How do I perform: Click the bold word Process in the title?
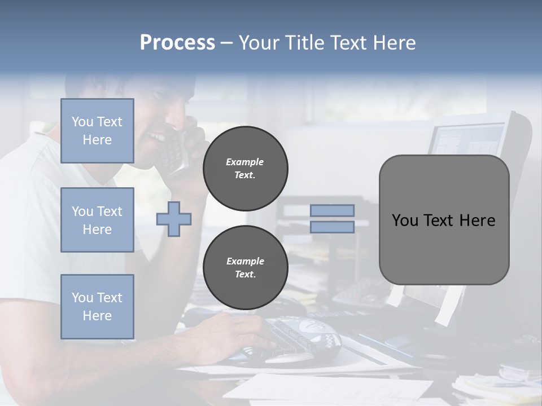tap(177, 43)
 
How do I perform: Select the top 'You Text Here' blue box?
tap(97, 131)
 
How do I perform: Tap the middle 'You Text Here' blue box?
tap(97, 220)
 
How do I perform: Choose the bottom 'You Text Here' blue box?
tap(97, 307)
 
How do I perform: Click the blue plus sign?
tap(174, 219)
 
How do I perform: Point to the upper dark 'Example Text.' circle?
tap(245, 169)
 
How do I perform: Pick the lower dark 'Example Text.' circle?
tap(245, 268)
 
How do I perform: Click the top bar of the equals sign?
tap(332, 210)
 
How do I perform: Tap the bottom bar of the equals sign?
tap(332, 227)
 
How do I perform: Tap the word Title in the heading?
tap(305, 43)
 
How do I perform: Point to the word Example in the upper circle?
tap(245, 162)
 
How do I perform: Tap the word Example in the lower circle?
tap(245, 261)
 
